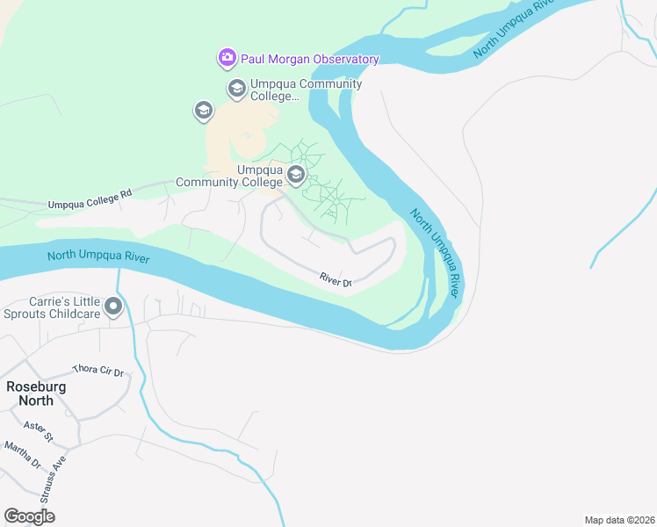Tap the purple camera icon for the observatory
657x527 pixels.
pos(227,58)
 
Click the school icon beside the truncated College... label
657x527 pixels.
pos(236,88)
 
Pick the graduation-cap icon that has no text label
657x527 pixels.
pos(204,111)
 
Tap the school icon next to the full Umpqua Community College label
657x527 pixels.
pos(296,176)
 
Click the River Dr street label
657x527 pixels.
pos(336,281)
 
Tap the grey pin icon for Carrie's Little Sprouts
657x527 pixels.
pos(113,307)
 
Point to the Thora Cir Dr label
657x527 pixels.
pos(99,372)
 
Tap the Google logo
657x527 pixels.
pos(30,516)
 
